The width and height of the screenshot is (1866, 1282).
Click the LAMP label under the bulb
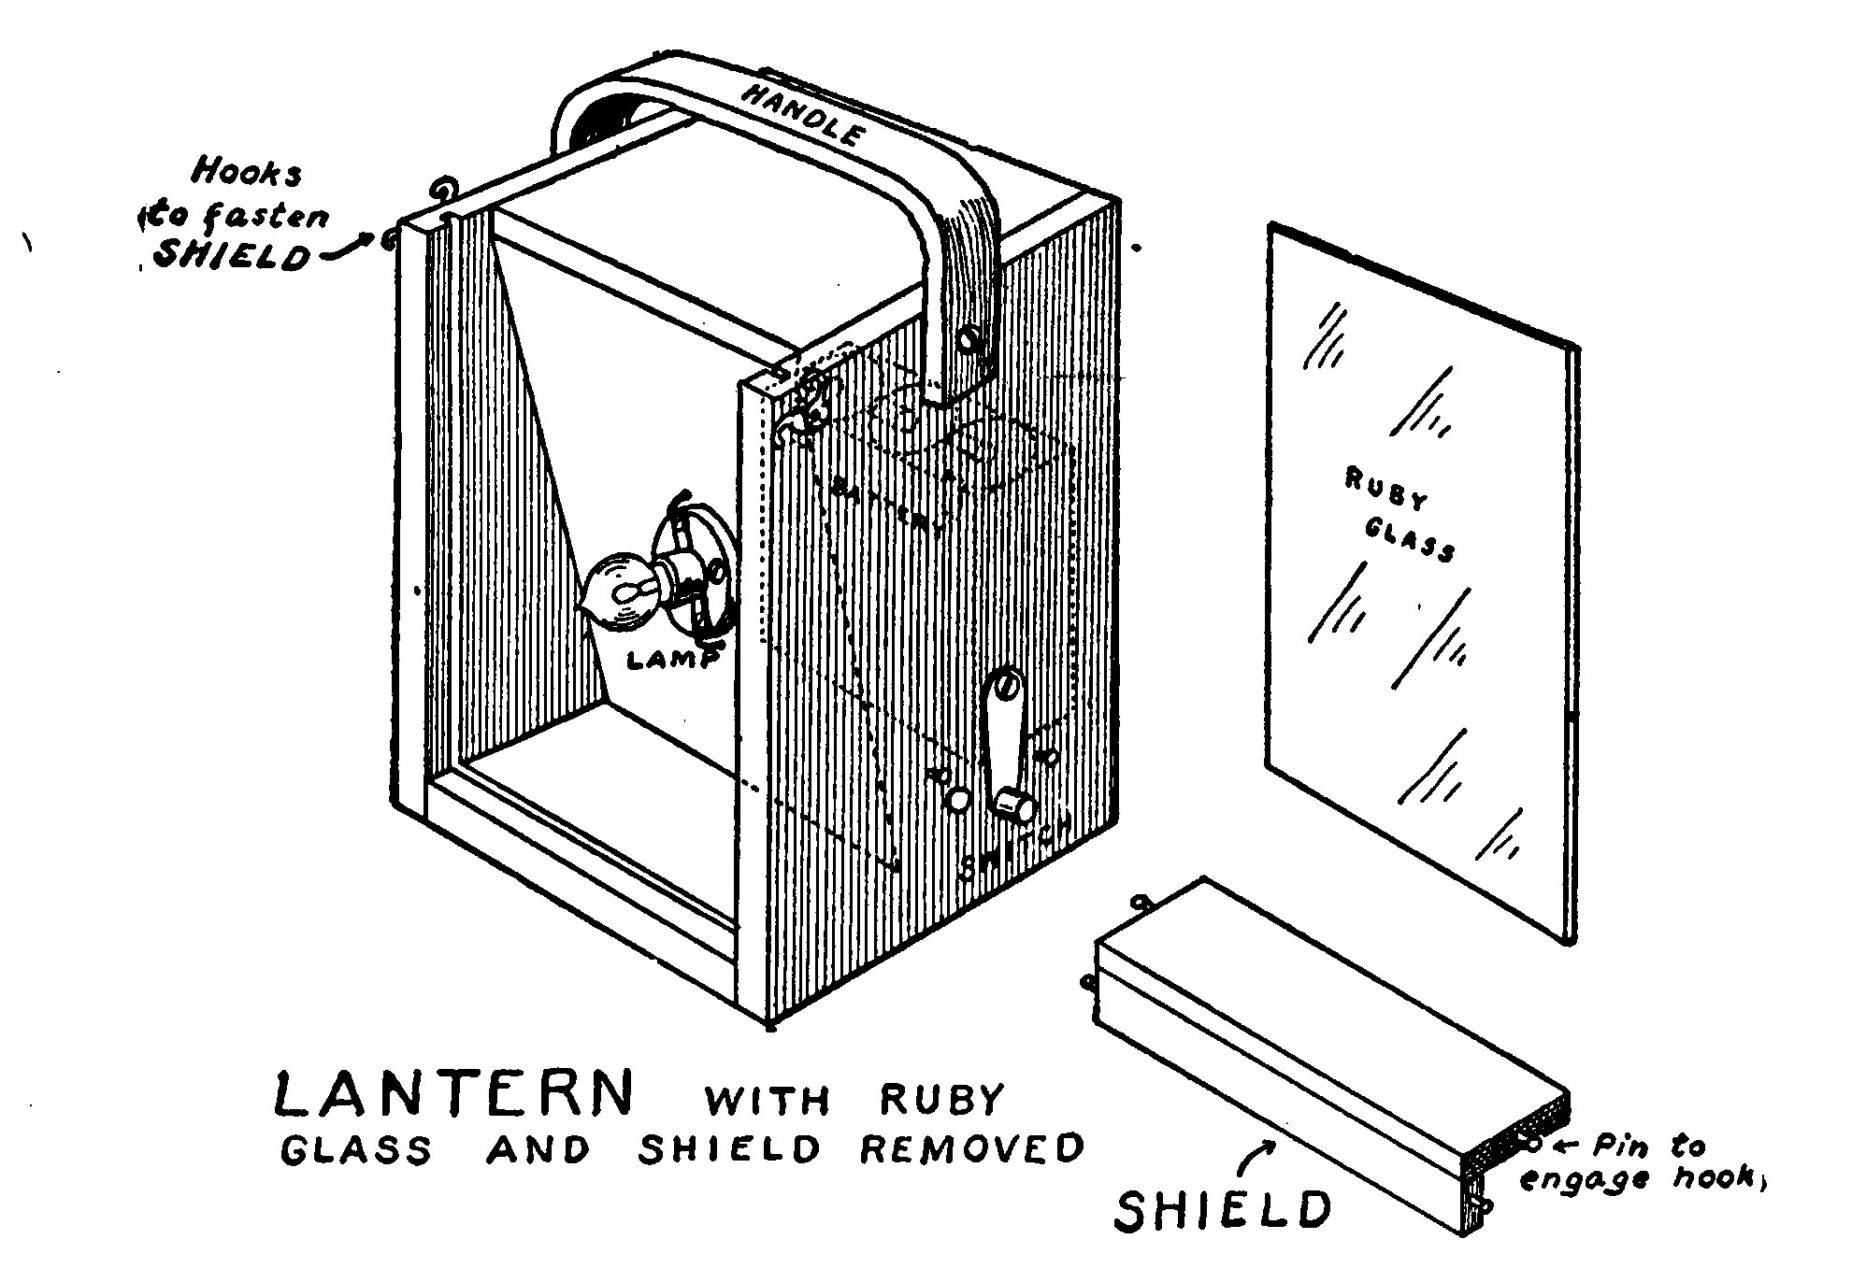(672, 660)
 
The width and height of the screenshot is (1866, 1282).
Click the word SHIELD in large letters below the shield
(1223, 1211)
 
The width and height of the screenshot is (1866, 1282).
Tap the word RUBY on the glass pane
(1386, 489)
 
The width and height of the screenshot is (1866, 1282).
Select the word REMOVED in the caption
(972, 1148)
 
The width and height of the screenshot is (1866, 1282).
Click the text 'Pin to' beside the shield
(1650, 1146)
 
